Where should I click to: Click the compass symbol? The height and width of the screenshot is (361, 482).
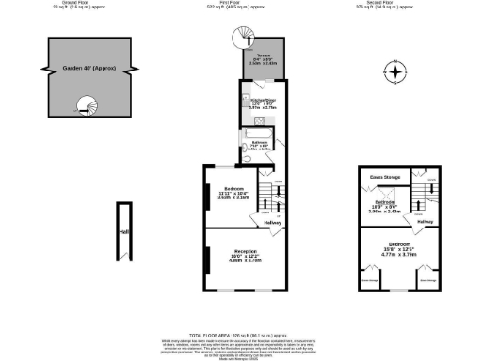[x=396, y=72]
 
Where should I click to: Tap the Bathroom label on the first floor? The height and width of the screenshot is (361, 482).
[x=259, y=146]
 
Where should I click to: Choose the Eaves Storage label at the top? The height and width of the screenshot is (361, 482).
[x=385, y=176]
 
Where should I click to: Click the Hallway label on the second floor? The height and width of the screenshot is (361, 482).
[x=425, y=222]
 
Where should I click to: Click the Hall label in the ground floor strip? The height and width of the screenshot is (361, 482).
[x=123, y=232]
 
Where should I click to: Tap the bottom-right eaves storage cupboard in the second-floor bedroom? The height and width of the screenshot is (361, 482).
[x=426, y=279]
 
